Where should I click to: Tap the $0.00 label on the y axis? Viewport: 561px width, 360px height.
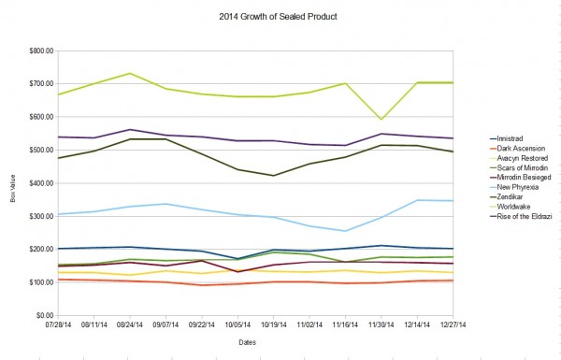pyautogui.click(x=39, y=315)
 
